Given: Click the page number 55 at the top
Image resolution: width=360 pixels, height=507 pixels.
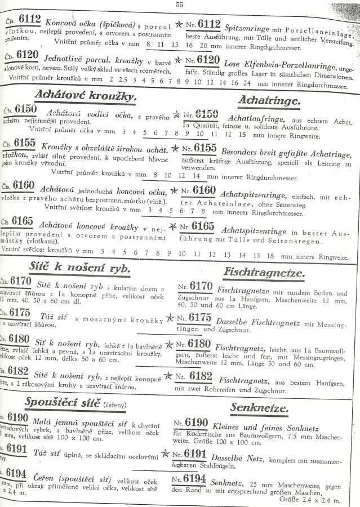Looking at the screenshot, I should point(180,5).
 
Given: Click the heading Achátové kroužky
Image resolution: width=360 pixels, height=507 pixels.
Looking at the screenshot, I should point(85,96).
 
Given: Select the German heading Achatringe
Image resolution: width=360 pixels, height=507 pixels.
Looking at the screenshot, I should point(269,100).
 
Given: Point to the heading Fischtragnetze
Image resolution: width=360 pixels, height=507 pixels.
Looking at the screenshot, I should point(264,274).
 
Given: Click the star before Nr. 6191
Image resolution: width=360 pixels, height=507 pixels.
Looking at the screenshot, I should point(165,452).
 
